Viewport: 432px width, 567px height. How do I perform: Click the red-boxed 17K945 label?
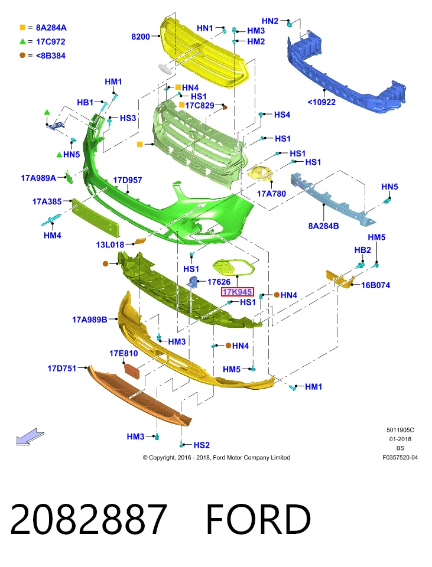click(238, 291)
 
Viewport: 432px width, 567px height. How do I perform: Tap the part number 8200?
click(141, 37)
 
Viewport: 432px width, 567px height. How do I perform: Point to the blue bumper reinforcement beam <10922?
click(346, 72)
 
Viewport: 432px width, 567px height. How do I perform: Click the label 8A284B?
click(323, 226)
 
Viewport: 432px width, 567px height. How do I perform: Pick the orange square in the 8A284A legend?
click(22, 28)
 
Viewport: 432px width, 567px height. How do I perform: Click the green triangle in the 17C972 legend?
click(22, 41)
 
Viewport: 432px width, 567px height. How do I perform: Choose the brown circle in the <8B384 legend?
click(22, 56)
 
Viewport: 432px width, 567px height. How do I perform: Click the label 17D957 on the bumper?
click(128, 180)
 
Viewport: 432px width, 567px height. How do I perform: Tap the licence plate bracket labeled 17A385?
click(95, 216)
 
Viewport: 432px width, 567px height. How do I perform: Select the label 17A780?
click(271, 194)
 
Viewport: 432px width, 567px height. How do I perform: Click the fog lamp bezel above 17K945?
click(233, 268)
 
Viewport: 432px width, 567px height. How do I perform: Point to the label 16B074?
click(375, 285)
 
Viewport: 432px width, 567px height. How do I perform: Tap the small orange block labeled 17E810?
click(132, 371)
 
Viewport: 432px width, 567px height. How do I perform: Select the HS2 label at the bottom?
click(202, 445)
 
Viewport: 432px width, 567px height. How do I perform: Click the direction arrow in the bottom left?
click(30, 436)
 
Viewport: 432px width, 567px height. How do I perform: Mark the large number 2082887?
click(89, 519)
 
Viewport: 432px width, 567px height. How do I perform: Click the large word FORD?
click(258, 519)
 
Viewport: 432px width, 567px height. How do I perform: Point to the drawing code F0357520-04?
click(400, 457)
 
